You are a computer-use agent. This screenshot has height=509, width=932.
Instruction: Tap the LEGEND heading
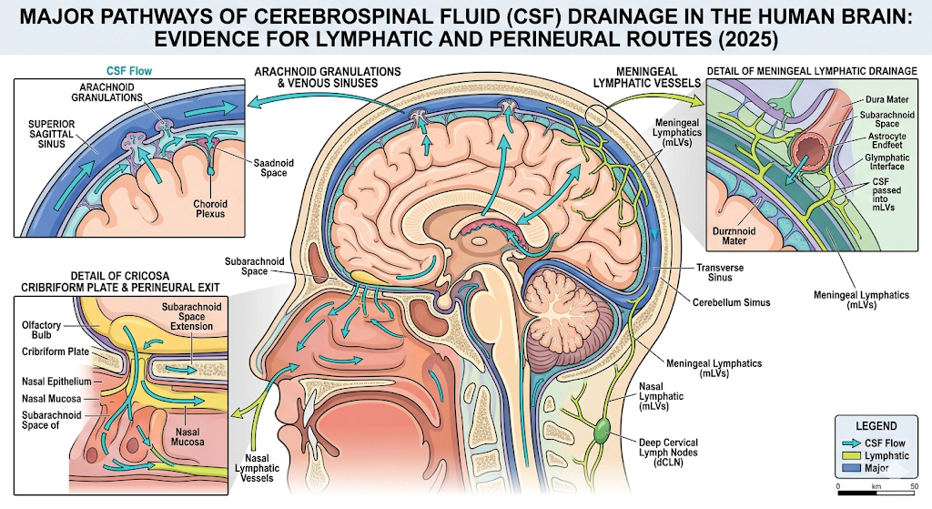click(x=876, y=425)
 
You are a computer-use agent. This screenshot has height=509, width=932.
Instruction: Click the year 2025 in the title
click(x=748, y=43)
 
